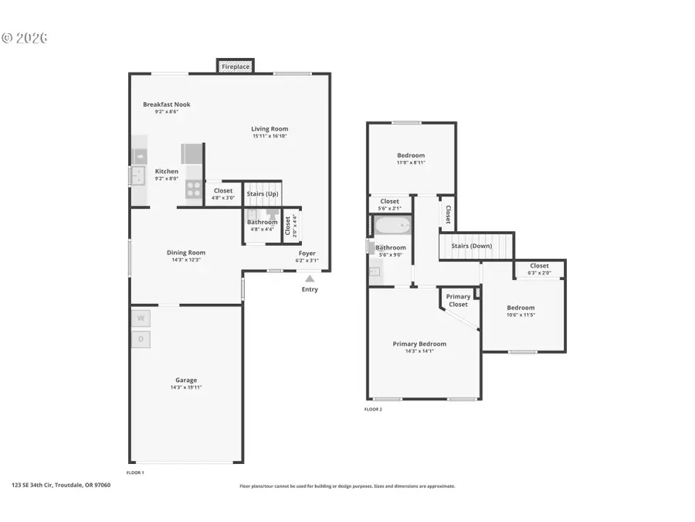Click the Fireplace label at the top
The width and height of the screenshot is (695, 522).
click(x=236, y=67)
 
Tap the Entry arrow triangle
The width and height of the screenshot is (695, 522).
click(x=310, y=279)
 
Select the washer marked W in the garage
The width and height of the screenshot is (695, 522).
click(x=141, y=318)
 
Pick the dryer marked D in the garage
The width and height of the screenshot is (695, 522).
click(x=141, y=339)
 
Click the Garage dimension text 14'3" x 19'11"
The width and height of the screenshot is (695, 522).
click(x=185, y=387)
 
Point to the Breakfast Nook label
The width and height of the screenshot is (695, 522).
click(x=166, y=104)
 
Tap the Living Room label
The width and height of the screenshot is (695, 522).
click(x=270, y=129)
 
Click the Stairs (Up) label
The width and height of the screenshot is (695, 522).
click(x=263, y=193)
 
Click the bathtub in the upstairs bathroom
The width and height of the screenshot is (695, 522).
click(x=394, y=227)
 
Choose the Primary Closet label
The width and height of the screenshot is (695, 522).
click(x=458, y=300)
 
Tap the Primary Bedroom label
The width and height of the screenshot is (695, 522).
click(x=419, y=344)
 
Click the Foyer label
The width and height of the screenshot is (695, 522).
click(x=307, y=254)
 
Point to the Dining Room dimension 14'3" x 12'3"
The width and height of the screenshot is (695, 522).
click(x=186, y=260)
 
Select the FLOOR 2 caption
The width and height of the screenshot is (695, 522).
click(x=373, y=409)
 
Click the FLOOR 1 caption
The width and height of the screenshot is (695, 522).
click(x=135, y=472)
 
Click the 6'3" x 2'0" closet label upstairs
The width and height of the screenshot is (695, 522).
click(x=539, y=272)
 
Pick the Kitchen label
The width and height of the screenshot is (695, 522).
click(x=167, y=172)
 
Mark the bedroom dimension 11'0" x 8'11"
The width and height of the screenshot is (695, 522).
click(x=410, y=162)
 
